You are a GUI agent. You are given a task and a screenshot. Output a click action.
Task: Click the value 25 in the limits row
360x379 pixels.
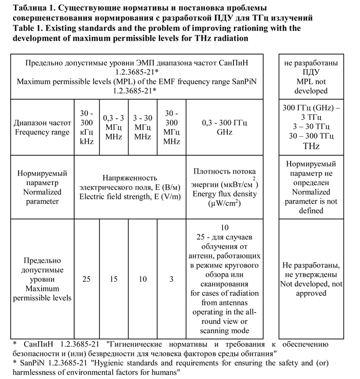click(x=86, y=279)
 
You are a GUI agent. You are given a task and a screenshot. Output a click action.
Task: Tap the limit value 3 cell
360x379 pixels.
click(x=171, y=279)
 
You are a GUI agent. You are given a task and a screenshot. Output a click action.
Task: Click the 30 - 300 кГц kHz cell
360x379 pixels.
click(x=86, y=127)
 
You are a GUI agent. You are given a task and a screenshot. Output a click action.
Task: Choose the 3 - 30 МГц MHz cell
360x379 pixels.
click(x=142, y=127)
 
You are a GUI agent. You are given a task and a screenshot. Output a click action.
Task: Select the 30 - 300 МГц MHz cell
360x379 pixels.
click(x=172, y=127)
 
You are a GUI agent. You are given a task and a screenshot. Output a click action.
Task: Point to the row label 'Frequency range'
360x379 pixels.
click(x=42, y=132)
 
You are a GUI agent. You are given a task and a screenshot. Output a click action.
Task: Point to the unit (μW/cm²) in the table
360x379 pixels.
click(x=224, y=204)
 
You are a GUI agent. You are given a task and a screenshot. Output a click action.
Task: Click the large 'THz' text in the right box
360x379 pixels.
click(x=311, y=147)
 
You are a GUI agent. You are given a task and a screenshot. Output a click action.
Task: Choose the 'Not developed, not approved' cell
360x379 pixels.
click(x=311, y=279)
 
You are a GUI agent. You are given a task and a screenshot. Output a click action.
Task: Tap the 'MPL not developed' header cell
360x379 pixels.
click(x=311, y=77)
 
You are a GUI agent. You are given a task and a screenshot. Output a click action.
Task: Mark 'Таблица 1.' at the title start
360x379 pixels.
click(x=33, y=8)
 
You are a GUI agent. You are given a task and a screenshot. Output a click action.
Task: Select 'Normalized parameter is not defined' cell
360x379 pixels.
click(x=311, y=187)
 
